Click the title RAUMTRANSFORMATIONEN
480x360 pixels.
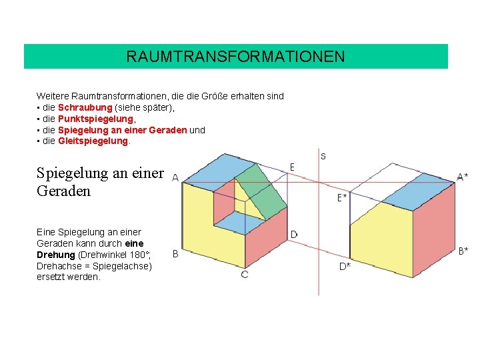pyautogui.click(x=235, y=57)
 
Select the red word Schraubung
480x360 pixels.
pyautogui.click(x=85, y=107)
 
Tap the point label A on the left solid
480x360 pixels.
pyautogui.click(x=175, y=178)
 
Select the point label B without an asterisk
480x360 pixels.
pyautogui.click(x=175, y=253)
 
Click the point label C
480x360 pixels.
pyautogui.click(x=245, y=274)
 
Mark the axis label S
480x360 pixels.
pyautogui.click(x=323, y=157)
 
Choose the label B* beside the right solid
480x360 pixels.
pyautogui.click(x=463, y=251)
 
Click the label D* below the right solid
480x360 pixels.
pyautogui.click(x=345, y=266)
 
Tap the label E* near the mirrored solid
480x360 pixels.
pyautogui.click(x=342, y=197)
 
